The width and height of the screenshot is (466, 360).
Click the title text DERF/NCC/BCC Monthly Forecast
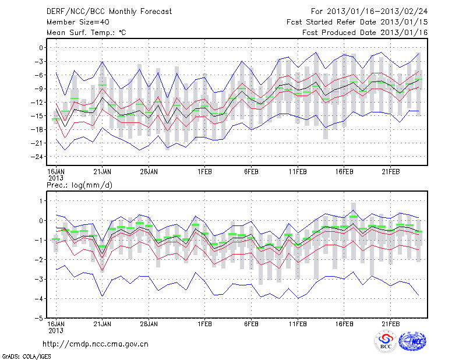pos(110,11)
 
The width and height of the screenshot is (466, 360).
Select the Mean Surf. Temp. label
pos(86,33)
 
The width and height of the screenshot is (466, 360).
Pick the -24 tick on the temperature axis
pos(38,157)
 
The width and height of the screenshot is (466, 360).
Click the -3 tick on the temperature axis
pos(41,61)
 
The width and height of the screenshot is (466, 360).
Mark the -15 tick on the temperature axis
pos(38,116)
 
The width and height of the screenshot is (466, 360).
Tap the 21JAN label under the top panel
pos(102,172)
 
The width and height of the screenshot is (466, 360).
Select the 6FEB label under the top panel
pos(251,172)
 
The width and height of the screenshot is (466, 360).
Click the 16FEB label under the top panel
pos(344,172)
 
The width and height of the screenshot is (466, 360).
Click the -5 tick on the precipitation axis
pos(41,319)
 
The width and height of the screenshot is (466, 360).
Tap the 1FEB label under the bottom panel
pos(204,322)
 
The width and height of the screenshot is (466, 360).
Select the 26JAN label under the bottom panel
pos(149,322)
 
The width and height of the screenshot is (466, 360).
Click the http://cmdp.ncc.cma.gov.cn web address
pos(96,344)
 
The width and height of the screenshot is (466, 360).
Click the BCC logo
pos(386,341)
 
